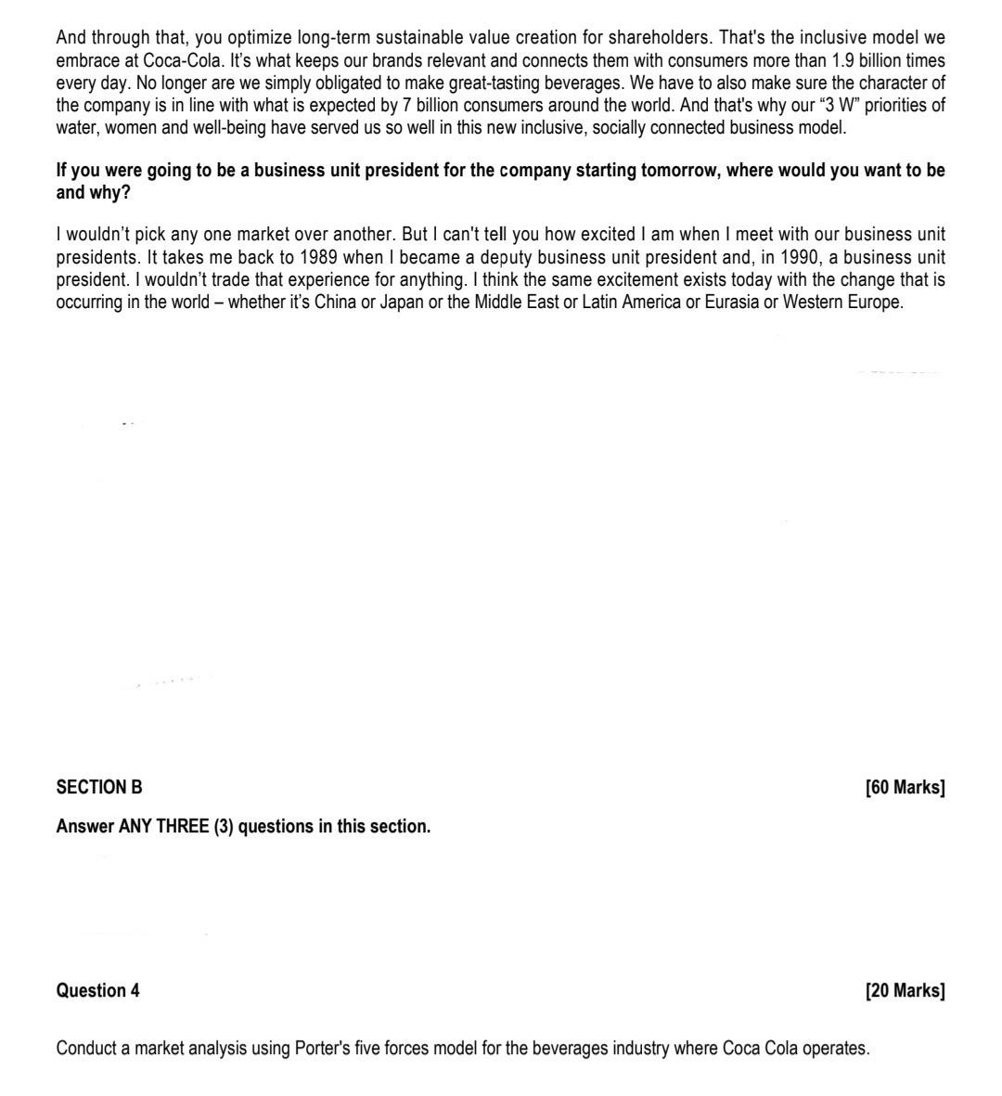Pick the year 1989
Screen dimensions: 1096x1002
coord(318,257)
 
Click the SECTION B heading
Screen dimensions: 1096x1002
coord(99,788)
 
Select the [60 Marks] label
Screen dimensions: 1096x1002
coord(905,788)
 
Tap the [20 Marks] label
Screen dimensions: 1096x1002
coord(905,991)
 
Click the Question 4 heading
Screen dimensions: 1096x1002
coord(97,991)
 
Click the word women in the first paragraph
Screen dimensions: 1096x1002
coord(133,127)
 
